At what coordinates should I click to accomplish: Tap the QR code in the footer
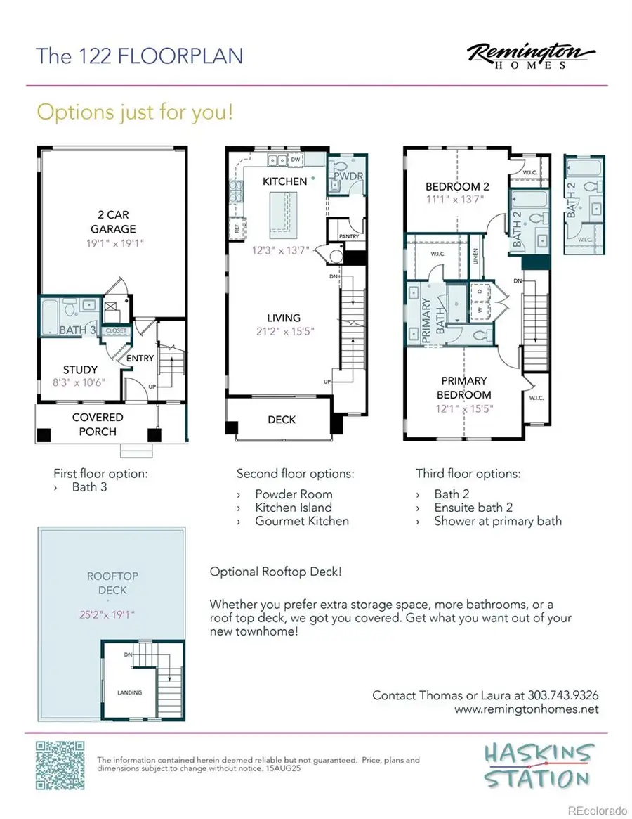60,764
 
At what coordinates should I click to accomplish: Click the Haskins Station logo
537,766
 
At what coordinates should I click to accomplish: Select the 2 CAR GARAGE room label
112,221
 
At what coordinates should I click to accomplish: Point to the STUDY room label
80,370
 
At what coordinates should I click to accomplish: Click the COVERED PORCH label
98,424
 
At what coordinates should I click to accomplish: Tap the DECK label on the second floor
282,420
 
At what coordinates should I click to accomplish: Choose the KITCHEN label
284,181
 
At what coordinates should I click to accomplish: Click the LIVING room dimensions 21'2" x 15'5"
284,332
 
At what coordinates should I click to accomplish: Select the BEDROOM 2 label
457,187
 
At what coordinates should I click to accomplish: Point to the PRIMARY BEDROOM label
464,388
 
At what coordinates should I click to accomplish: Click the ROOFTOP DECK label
112,583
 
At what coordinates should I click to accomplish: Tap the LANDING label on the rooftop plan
129,692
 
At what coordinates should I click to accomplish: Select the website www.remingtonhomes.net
527,709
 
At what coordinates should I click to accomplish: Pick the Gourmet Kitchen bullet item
301,521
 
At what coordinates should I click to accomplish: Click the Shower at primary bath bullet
497,521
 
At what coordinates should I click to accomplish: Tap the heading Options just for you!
134,112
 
